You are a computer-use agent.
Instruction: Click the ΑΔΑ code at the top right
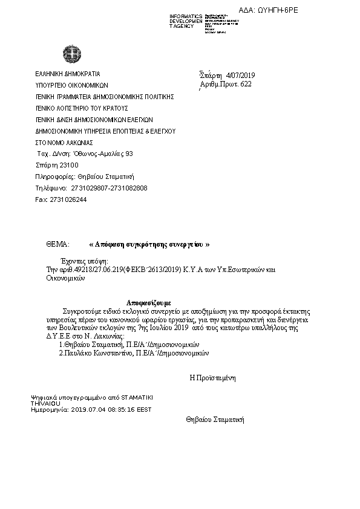click(x=277, y=10)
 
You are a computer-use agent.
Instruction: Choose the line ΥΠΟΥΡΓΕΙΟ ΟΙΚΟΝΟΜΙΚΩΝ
click(x=72, y=85)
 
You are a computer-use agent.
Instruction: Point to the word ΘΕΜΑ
click(x=57, y=245)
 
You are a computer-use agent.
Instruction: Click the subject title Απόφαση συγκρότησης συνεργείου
click(x=149, y=245)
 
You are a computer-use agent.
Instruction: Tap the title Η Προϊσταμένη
click(x=212, y=377)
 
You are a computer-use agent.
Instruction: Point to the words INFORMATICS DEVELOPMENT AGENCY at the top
click(x=185, y=21)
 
